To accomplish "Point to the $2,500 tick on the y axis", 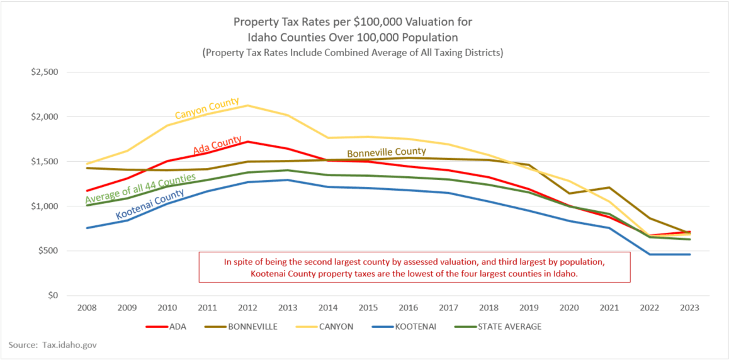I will [x=45, y=72].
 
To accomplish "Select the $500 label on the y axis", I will [x=48, y=251].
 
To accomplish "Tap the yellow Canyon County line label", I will [x=206, y=108].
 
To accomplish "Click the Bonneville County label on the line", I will [x=387, y=152].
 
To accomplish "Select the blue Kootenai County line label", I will [x=150, y=205].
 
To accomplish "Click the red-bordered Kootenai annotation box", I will [x=414, y=267].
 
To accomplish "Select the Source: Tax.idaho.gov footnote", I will [x=52, y=345].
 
